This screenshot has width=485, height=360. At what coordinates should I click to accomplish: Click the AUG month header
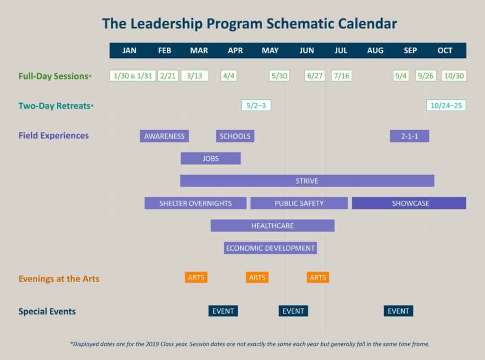375,51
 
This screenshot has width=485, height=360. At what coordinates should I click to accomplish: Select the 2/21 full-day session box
168,76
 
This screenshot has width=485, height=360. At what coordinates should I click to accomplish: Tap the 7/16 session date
341,76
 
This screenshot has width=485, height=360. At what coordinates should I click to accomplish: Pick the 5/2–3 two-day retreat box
256,105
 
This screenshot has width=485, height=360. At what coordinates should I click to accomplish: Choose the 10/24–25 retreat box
446,105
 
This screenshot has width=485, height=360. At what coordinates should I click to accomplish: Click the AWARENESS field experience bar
164,136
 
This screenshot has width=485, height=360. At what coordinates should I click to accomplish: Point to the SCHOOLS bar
235,136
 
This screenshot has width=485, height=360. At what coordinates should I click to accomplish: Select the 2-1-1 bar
409,136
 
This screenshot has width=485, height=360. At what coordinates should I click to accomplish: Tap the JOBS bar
210,158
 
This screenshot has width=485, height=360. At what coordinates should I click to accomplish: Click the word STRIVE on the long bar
307,180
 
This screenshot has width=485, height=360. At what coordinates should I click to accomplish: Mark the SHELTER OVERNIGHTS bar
195,203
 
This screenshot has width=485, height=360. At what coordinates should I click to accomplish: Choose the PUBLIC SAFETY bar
299,203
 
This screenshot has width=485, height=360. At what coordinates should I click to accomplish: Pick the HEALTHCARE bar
272,225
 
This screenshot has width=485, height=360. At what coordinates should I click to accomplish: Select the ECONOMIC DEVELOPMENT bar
270,248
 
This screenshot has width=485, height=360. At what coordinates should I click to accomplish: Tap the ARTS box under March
196,278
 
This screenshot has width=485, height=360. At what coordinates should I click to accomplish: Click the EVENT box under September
398,311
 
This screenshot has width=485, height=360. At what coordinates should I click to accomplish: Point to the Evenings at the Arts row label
59,279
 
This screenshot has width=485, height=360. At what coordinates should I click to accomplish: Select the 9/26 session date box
426,76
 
